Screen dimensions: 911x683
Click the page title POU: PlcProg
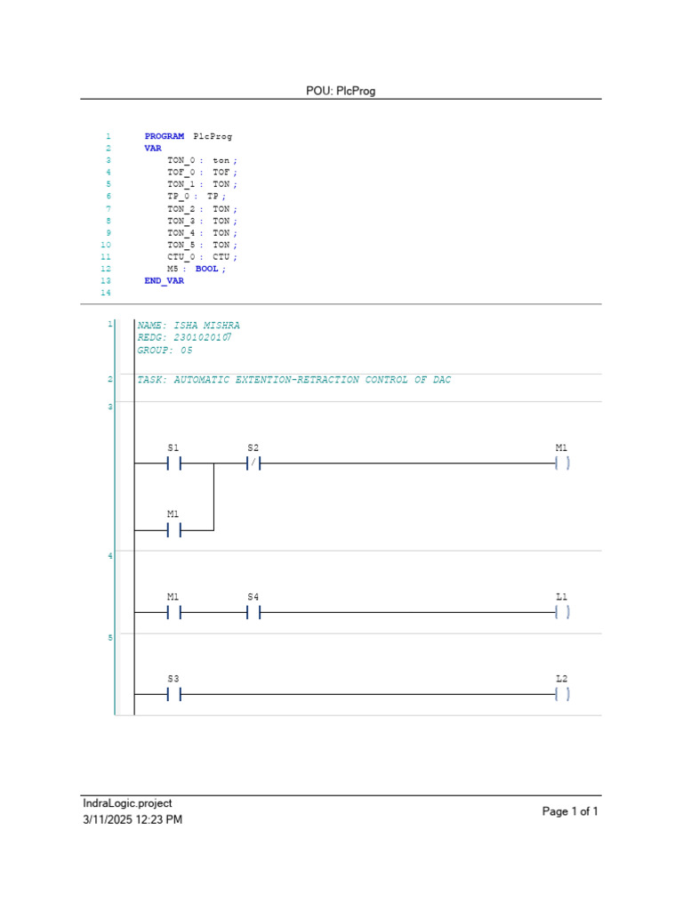click(341, 91)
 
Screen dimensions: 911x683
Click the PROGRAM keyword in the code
click(165, 136)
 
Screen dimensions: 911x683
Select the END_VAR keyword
click(165, 280)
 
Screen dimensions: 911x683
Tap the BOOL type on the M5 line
click(206, 268)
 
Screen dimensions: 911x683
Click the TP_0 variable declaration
click(178, 196)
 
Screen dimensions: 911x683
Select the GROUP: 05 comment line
click(165, 351)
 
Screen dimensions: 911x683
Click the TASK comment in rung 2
click(294, 380)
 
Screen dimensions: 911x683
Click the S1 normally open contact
click(173, 464)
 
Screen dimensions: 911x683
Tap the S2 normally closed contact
click(253, 464)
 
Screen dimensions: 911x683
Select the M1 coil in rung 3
click(561, 464)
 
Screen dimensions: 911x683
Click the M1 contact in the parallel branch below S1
click(173, 530)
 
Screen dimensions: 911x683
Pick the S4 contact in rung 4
click(253, 613)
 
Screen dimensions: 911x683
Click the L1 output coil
click(561, 613)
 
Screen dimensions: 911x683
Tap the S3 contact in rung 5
click(173, 695)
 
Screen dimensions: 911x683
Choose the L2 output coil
click(561, 695)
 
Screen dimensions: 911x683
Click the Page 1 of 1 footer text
click(570, 811)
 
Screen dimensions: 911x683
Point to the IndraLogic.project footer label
click(127, 803)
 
